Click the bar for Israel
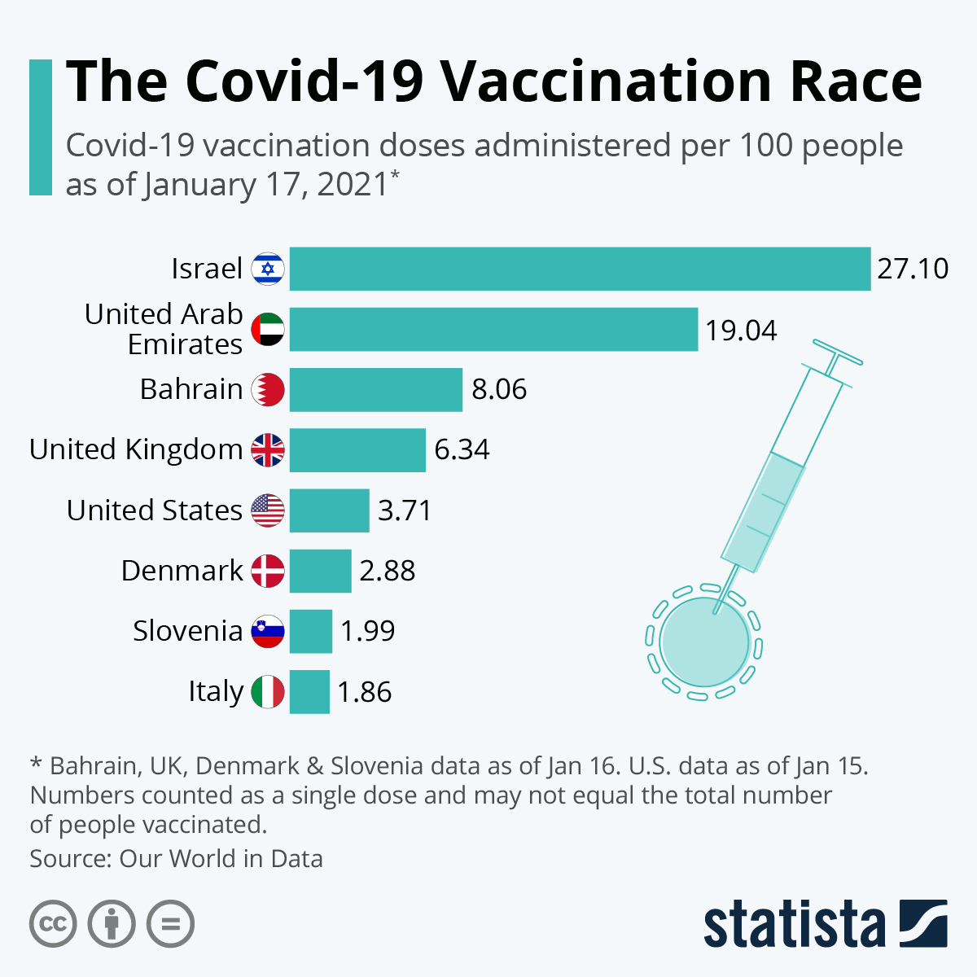click(x=580, y=269)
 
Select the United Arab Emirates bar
click(x=493, y=329)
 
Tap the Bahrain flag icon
click(x=268, y=389)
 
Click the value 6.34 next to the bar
click(x=462, y=449)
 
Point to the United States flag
click(x=268, y=510)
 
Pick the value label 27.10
click(x=913, y=269)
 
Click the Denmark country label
click(x=182, y=571)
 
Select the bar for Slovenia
click(x=310, y=631)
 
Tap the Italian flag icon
click(x=268, y=692)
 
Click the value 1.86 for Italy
click(x=365, y=692)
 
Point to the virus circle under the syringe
click(x=704, y=642)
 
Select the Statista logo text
click(x=794, y=925)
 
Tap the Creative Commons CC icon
click(x=53, y=925)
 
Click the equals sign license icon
click(x=170, y=925)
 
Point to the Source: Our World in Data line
click(x=176, y=859)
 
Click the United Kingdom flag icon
click(x=268, y=449)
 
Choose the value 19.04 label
click(x=741, y=331)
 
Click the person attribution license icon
click(x=112, y=925)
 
